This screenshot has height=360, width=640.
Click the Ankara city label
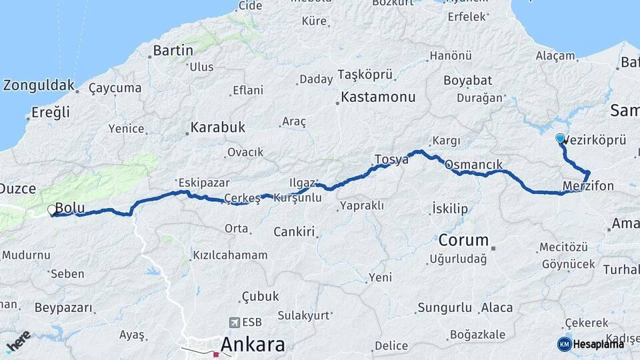pos(252,345)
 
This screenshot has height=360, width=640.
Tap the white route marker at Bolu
pos(53,211)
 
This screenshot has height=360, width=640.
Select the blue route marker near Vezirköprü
pos(560,139)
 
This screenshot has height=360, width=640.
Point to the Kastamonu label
pos(377,97)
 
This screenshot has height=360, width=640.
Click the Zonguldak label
pos(39,85)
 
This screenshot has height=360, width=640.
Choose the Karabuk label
pos(217,127)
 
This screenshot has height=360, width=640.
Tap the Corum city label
pos(463,239)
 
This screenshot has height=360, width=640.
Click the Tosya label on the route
pos(391,159)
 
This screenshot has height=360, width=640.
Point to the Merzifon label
pos(587,186)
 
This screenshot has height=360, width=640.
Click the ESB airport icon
pos(234,323)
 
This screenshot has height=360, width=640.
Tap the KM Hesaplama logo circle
pos(564,344)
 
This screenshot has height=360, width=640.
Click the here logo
pos(18,341)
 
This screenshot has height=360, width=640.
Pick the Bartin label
pos(173,50)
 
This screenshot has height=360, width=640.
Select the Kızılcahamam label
pos(230,255)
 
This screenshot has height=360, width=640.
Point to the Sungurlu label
pos(445,308)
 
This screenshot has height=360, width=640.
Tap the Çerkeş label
pos(241,198)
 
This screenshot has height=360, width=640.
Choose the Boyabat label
pos(468,81)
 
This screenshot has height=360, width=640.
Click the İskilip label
pos(450,209)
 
